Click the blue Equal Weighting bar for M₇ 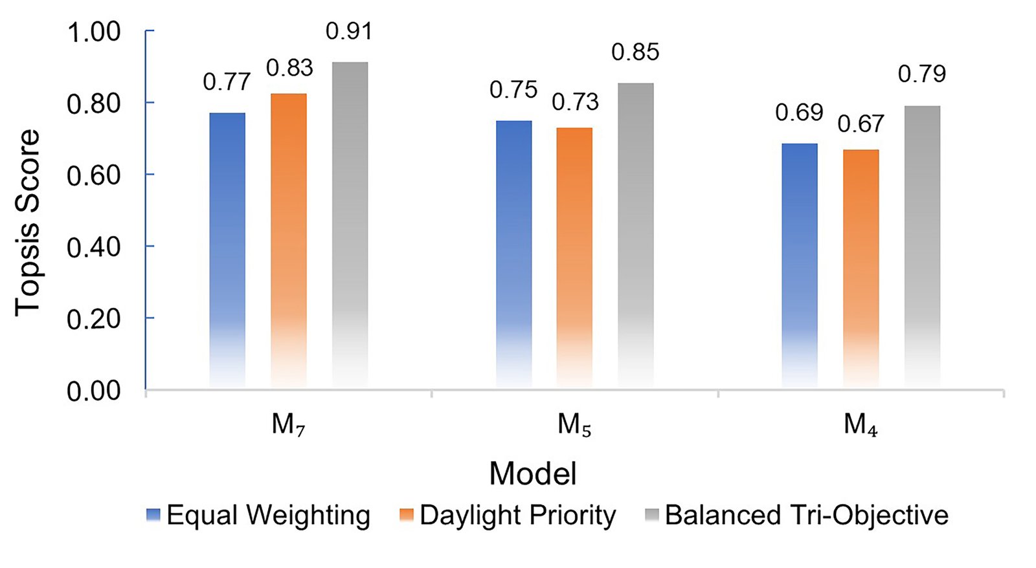point(227,250)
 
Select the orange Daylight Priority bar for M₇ point(289,241)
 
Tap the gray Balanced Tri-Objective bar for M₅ point(636,235)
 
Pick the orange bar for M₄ point(861,268)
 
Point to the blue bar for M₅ point(514,254)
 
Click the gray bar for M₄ point(922,246)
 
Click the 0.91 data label point(349,32)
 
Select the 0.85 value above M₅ point(635,52)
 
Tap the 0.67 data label point(861,124)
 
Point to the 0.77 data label point(227,82)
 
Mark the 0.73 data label point(576,102)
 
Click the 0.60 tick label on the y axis point(94,175)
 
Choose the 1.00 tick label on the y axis point(94,32)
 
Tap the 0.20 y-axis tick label point(94,320)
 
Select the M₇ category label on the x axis point(289,424)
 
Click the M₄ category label point(861,424)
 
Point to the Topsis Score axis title point(27,223)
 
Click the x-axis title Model point(533,474)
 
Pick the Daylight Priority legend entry point(508,515)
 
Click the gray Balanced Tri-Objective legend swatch point(651,516)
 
